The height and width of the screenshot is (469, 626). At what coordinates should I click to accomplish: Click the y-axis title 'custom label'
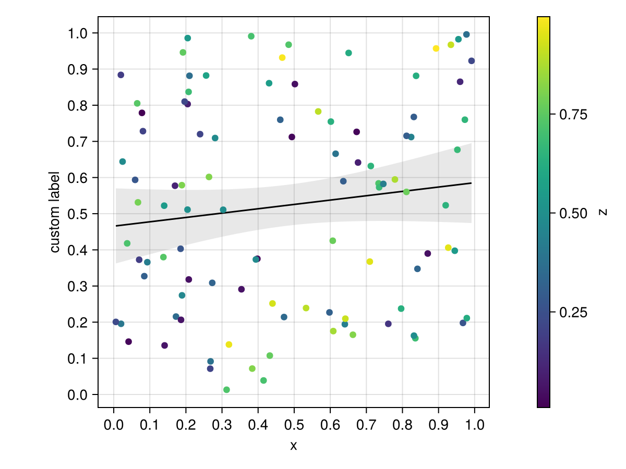pos(55,212)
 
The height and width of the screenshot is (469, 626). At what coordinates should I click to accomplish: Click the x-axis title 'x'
pos(294,446)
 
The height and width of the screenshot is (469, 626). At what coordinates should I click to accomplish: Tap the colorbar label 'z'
pos(603,212)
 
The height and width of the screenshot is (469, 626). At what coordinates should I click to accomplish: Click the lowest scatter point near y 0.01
pos(226,390)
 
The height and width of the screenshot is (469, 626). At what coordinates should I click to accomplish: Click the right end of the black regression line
pos(471,183)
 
